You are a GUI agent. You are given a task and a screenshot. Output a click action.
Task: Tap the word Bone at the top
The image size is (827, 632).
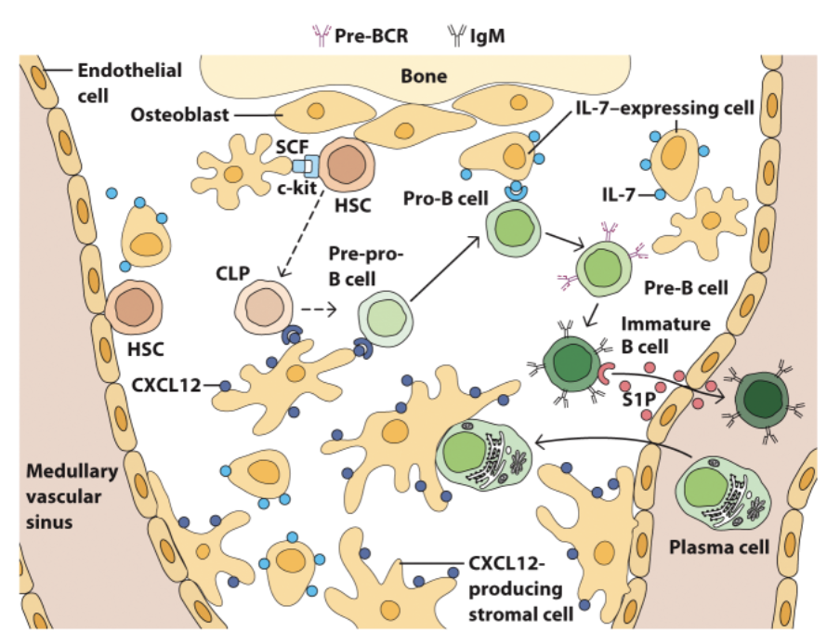(423, 75)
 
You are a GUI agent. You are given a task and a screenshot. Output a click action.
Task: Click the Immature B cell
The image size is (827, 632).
(575, 367)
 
